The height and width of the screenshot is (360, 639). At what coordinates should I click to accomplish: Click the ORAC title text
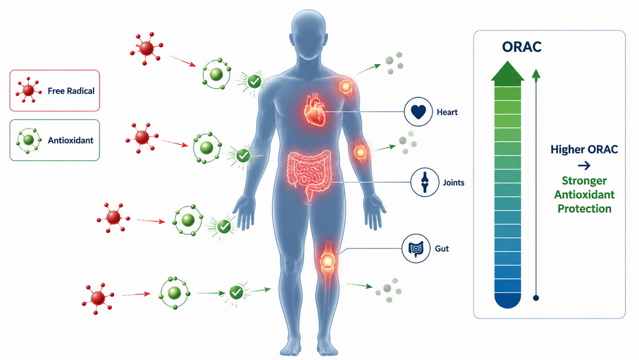tap(521, 47)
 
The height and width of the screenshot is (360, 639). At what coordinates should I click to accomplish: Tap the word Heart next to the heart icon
tap(447, 112)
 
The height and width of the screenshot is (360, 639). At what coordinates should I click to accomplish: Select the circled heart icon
tap(418, 111)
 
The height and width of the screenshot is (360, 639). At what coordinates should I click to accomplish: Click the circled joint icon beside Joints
tap(425, 182)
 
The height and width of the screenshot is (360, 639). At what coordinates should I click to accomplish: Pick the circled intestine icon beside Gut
tap(416, 249)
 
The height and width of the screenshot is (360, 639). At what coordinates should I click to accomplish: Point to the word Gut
tap(442, 249)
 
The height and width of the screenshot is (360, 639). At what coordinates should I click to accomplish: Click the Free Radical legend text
tap(71, 91)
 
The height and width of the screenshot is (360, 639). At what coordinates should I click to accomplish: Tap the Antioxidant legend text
tap(70, 140)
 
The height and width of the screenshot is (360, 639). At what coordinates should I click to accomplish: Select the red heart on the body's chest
tap(316, 110)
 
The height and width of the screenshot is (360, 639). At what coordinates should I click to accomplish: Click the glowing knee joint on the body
tap(327, 260)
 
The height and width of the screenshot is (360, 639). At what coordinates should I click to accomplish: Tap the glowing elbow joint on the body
tap(360, 153)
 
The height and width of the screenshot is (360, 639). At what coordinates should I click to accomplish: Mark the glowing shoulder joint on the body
tap(345, 87)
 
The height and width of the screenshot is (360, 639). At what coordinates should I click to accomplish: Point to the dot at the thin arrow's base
tap(536, 298)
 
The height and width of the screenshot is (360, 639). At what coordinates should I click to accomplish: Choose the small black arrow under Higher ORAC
tap(584, 166)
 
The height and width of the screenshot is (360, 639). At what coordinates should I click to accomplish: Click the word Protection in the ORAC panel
tap(584, 209)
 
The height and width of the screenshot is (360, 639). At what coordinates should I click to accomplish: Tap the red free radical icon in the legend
tap(29, 90)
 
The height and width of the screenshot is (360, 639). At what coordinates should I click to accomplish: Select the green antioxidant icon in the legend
tap(29, 140)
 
